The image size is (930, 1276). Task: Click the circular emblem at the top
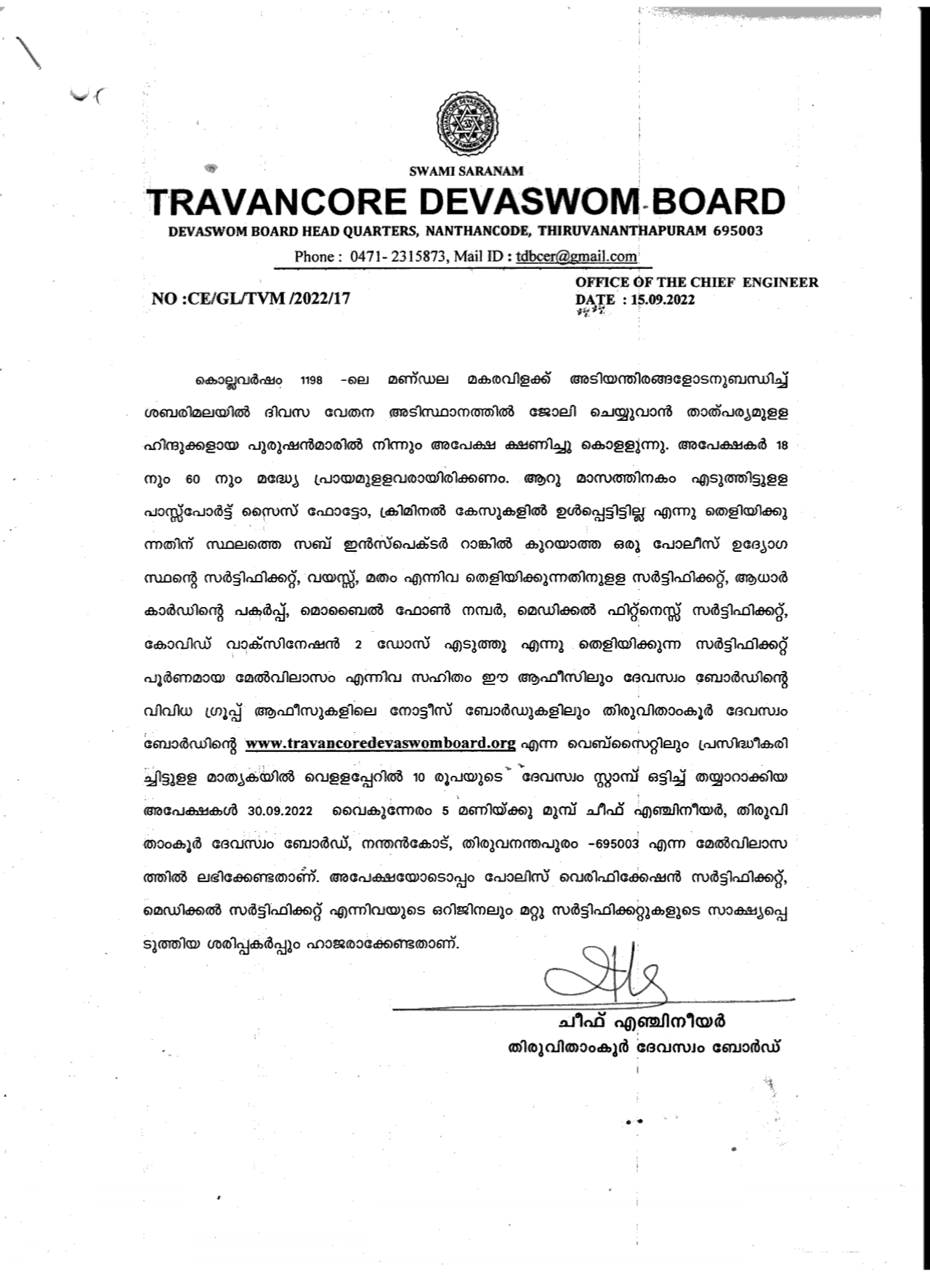pos(466,122)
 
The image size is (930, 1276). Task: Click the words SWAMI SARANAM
pos(466,172)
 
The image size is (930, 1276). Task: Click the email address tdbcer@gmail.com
pos(576,256)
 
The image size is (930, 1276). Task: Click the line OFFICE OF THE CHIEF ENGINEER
pos(696,282)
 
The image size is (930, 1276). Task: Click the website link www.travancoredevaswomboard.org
pos(381,743)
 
